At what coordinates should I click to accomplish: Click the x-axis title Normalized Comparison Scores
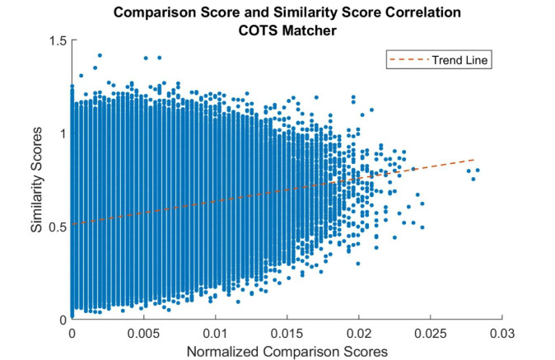point(287,351)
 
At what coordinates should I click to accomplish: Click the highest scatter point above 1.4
point(100,55)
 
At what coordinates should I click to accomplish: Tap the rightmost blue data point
point(477,171)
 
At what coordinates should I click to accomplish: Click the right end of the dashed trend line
point(475,159)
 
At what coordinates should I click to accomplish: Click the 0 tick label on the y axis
point(63,319)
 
